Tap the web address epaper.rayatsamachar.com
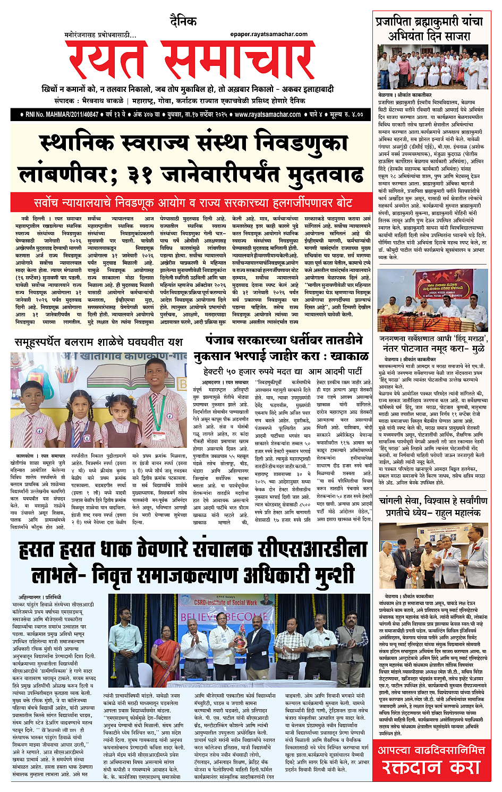269,34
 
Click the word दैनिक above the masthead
183,22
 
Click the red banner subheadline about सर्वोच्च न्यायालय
193,202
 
